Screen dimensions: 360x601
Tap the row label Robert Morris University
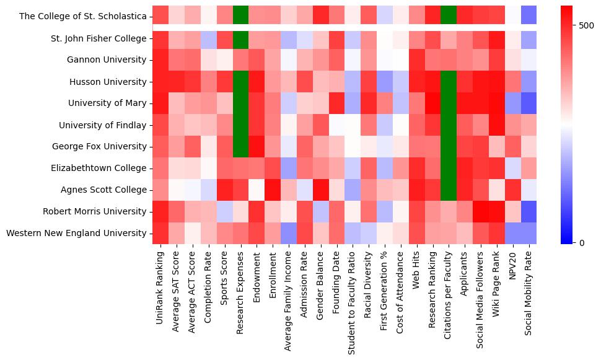[99, 211]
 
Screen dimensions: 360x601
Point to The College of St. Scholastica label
[83, 17]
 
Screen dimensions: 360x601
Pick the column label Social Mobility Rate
[529, 292]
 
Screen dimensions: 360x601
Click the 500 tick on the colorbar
[584, 25]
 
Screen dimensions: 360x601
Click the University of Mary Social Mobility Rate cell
[529, 103]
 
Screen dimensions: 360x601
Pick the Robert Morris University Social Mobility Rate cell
[529, 211]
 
